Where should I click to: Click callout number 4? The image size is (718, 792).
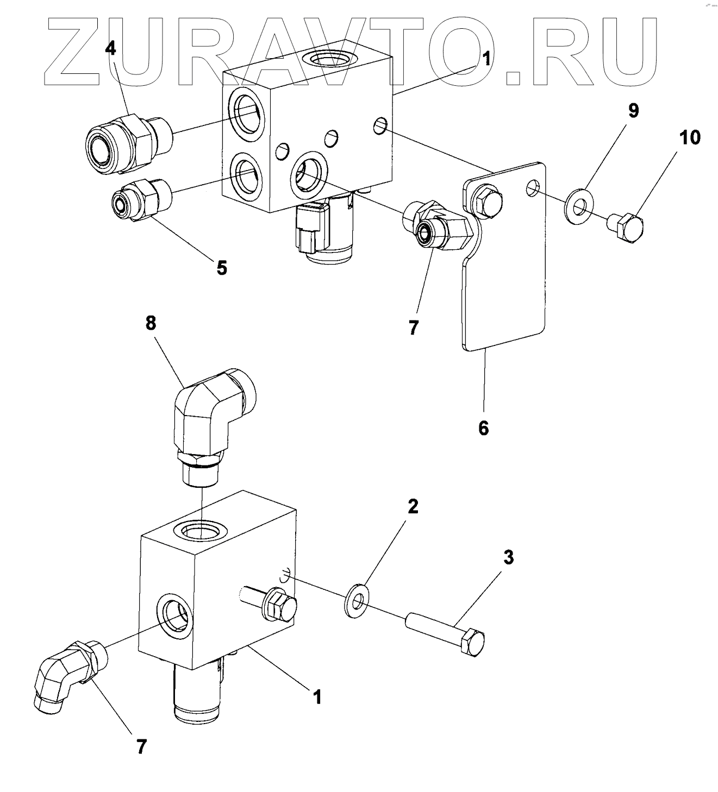(x=110, y=48)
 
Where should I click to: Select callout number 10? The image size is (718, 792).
(x=688, y=137)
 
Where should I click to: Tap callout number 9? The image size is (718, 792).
(x=633, y=111)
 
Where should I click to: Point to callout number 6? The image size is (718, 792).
(x=483, y=428)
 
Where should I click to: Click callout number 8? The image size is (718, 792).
(x=151, y=323)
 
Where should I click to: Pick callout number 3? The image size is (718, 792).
(x=508, y=557)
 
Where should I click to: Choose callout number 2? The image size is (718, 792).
(x=413, y=506)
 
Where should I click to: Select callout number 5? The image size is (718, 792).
(x=222, y=267)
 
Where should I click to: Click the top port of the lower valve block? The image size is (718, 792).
(x=201, y=528)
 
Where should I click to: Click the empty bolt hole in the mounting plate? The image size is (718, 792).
(x=533, y=188)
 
